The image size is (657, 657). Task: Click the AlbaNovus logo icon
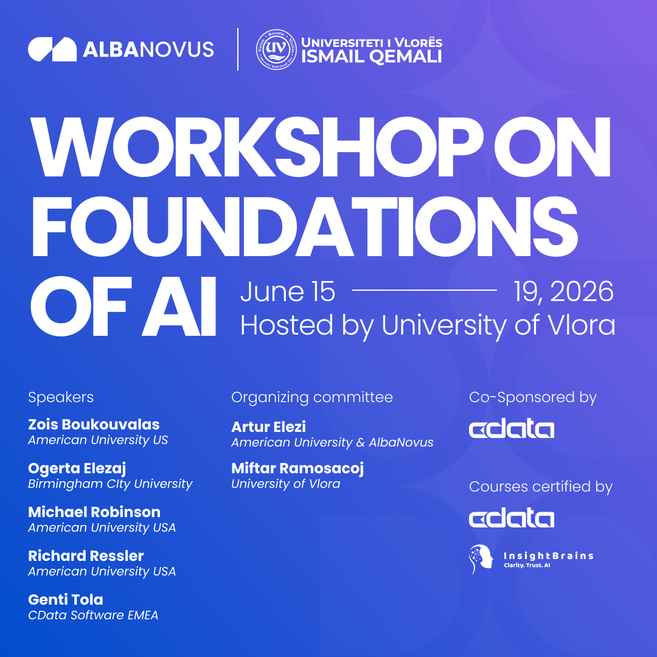pos(52,49)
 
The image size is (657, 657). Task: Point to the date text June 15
pos(288,292)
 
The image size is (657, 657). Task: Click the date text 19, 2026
pos(563,292)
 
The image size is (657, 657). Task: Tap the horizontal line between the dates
pos(425,291)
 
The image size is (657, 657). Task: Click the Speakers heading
pos(61,398)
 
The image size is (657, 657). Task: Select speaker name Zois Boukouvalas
pos(94,425)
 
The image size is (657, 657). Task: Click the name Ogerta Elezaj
pos(77,468)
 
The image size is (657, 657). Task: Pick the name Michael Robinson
pos(94,512)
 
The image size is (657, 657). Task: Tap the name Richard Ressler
pos(86,556)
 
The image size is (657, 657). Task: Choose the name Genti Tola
pos(66,600)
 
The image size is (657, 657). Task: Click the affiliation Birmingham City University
pos(110,484)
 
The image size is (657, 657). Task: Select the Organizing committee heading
pos(312,398)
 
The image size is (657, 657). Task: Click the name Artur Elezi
pos(268,427)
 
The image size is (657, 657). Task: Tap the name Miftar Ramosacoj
pos(297,468)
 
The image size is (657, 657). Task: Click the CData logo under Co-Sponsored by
pos(512,429)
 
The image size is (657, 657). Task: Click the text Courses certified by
pos(541,487)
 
